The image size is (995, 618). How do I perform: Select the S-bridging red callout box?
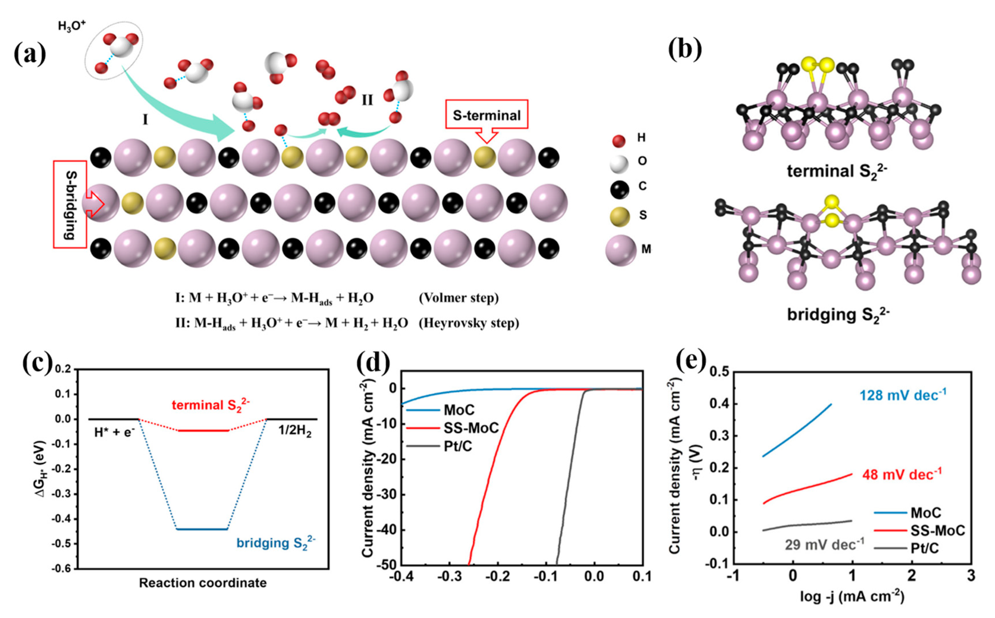click(70, 204)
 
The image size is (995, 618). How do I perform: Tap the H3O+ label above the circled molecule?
click(71, 26)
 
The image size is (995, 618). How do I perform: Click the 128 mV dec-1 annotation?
click(903, 395)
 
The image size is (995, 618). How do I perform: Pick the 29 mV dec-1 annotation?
click(824, 544)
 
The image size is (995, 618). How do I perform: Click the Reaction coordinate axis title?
click(203, 583)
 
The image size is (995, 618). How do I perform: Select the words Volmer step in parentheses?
click(459, 298)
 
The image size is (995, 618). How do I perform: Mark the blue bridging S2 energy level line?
click(202, 529)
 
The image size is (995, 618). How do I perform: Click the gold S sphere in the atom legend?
click(620, 215)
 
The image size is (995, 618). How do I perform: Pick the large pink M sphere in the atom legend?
click(620, 250)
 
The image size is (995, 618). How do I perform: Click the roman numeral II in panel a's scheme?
click(367, 100)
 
